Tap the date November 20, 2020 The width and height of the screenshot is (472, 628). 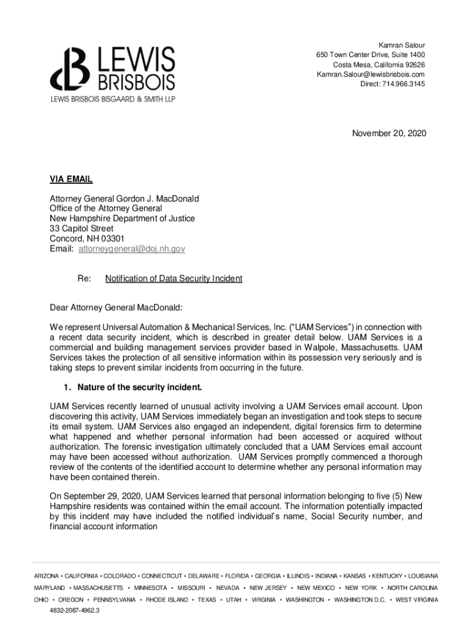389,133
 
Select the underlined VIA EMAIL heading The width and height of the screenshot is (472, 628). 71,179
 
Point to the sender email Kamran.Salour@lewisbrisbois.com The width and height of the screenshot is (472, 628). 370,74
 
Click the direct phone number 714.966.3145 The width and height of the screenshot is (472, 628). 403,84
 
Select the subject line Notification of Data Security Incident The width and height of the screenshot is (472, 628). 173,278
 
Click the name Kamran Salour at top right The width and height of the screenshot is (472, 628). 402,45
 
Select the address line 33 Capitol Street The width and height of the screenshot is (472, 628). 82,229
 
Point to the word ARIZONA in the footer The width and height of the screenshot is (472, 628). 47,576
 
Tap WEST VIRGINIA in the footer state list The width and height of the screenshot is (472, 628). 417,600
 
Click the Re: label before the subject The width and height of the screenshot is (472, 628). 85,278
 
